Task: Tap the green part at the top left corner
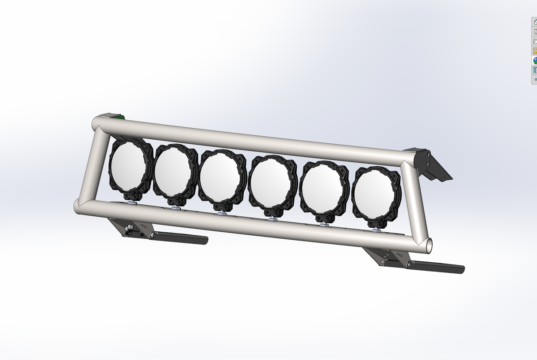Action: tap(121, 117)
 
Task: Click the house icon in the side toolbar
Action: tap(534, 22)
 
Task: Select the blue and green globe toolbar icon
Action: tap(534, 61)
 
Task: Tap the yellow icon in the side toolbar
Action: tap(534, 51)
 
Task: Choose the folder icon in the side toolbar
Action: tap(534, 41)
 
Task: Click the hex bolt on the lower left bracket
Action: tap(130, 230)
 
